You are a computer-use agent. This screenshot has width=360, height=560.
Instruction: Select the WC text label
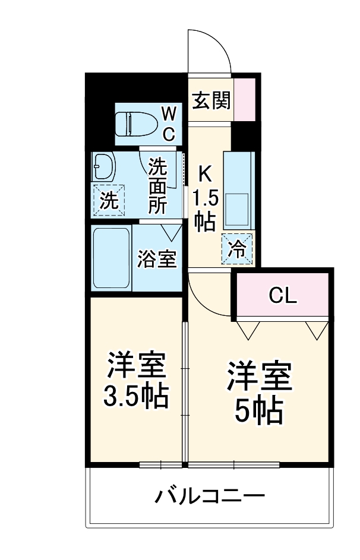coord(169,124)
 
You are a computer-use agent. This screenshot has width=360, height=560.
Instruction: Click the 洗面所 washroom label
coord(157,185)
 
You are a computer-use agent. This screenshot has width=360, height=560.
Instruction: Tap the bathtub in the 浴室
coord(111,258)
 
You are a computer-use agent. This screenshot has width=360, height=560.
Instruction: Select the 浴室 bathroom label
coord(157,259)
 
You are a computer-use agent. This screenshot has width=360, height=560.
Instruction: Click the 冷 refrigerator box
coord(237,248)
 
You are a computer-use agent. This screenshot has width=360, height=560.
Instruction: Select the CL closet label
coord(282,295)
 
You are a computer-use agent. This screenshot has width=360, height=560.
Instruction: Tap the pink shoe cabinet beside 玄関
coord(245,99)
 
